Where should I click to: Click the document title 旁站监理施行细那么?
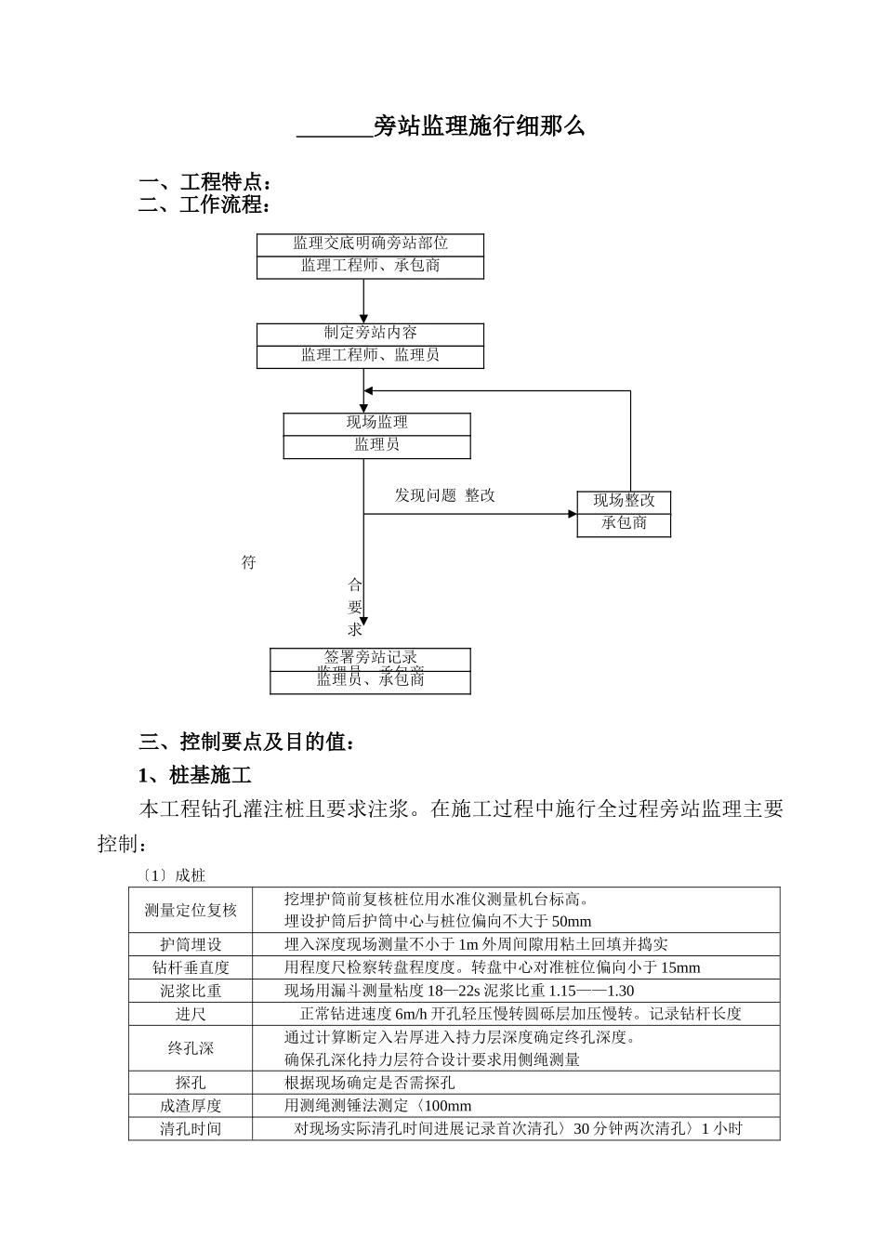point(479,127)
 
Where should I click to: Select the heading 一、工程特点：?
point(205,182)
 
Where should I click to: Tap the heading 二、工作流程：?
point(205,204)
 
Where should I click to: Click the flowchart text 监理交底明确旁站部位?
point(370,243)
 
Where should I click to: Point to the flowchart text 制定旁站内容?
point(370,333)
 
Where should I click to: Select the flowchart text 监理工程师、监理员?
point(370,355)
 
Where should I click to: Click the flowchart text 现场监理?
point(376,423)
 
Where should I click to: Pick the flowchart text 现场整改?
point(624,501)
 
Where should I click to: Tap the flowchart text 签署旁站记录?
point(370,657)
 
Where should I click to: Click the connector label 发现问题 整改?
point(444,495)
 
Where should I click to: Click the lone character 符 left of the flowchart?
point(248,562)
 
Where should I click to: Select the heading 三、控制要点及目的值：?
point(246,742)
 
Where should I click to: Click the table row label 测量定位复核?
point(191,910)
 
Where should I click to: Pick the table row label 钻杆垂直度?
point(191,967)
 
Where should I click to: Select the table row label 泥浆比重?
point(191,991)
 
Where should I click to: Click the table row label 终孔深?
point(191,1048)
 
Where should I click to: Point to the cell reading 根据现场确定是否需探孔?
point(369,1083)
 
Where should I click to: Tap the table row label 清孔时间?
point(191,1129)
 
